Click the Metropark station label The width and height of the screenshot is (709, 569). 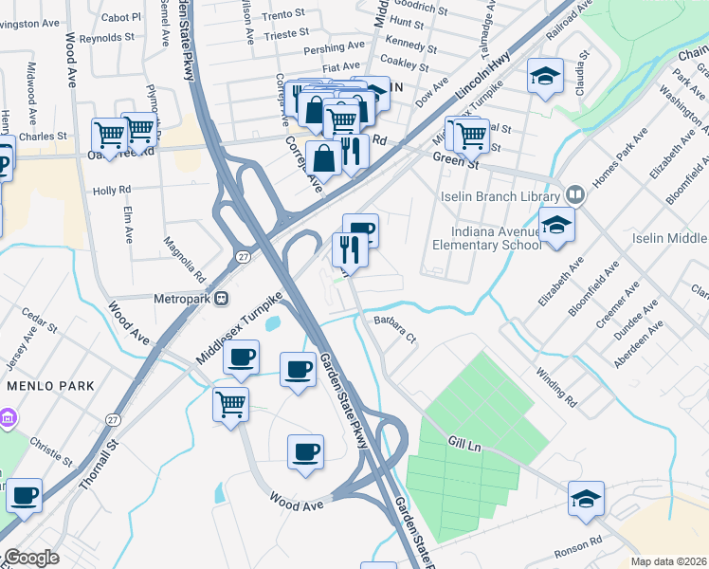pos(182,298)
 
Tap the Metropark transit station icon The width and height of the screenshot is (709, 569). pos(221,298)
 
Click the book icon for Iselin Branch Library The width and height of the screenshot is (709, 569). pos(573,195)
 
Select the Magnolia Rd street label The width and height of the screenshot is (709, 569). pos(186,261)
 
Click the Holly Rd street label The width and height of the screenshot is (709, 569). pos(112,191)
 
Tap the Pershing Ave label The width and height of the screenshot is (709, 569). pos(335,47)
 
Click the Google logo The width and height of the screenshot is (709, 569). pos(31,558)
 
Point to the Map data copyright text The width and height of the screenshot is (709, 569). pos(668,561)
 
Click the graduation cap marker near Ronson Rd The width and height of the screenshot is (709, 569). pos(586,498)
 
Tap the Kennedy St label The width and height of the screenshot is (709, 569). pos(411,44)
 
